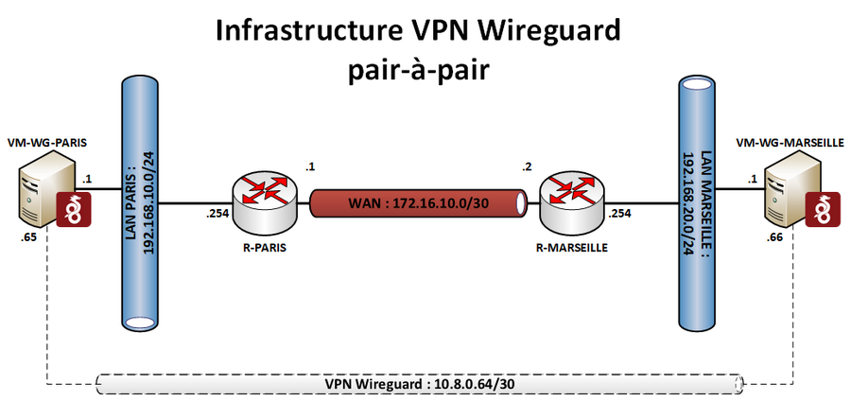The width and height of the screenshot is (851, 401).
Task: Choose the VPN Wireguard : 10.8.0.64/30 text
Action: click(x=419, y=384)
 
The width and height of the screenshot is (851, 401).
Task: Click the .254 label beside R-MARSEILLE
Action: click(x=620, y=214)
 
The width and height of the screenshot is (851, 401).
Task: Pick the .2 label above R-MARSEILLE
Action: click(x=527, y=168)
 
